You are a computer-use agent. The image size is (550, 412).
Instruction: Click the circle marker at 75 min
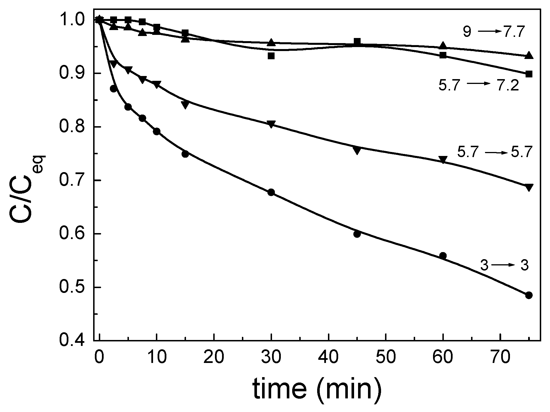click(529, 295)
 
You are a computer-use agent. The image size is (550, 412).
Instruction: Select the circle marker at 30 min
click(271, 192)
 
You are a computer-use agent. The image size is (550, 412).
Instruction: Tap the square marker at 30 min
click(271, 56)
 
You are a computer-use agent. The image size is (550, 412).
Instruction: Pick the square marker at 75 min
click(529, 74)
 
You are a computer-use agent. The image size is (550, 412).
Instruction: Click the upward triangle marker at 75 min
click(529, 55)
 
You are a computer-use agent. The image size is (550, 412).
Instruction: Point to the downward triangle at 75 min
click(529, 187)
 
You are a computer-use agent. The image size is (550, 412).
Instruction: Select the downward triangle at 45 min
click(357, 151)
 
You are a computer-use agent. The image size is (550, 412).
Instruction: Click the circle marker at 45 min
click(357, 234)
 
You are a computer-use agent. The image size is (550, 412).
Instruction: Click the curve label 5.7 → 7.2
click(479, 85)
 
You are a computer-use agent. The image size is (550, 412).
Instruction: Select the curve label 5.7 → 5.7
click(493, 153)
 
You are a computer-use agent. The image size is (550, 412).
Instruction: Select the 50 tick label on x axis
click(386, 358)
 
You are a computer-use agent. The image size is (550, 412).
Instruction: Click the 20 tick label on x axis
click(214, 358)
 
